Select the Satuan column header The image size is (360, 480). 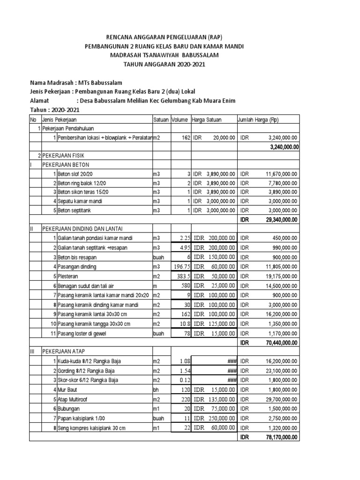pos(161,120)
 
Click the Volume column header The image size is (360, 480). pos(180,120)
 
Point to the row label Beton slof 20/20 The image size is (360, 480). pos(75,173)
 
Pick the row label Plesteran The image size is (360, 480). pos(68,276)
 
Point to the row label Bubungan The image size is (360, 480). pos(68,408)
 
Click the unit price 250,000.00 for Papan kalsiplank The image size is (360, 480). pos(220,418)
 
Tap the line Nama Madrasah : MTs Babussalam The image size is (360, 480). pos(76,82)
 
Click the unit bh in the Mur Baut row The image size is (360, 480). pos(156,390)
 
